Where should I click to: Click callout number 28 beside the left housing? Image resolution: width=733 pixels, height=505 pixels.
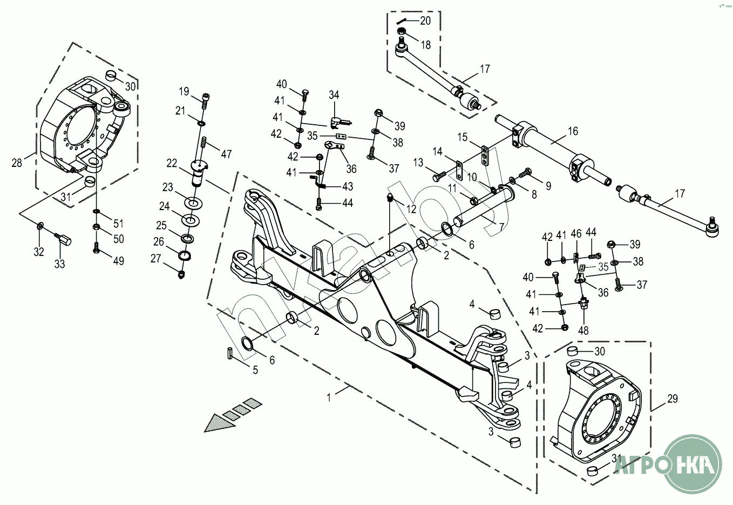click(17, 162)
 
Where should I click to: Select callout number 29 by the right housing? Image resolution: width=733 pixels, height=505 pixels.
click(672, 399)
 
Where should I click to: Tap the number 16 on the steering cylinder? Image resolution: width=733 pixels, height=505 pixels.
click(573, 131)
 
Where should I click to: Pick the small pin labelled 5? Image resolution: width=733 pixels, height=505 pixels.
click(229, 354)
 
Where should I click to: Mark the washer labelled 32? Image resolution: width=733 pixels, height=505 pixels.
click(41, 225)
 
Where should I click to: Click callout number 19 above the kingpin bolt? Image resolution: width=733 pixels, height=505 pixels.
click(184, 91)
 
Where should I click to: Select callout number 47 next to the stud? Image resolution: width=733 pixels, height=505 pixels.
click(226, 154)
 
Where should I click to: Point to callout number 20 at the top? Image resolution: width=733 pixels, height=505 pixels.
click(425, 21)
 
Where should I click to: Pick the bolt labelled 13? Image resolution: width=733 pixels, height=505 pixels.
click(437, 176)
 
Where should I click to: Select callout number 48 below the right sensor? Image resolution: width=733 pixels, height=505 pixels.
click(583, 331)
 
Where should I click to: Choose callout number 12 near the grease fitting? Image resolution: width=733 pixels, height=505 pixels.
click(411, 209)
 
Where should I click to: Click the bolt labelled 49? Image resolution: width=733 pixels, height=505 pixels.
click(97, 248)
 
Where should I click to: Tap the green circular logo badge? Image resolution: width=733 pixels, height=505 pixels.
click(693, 463)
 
